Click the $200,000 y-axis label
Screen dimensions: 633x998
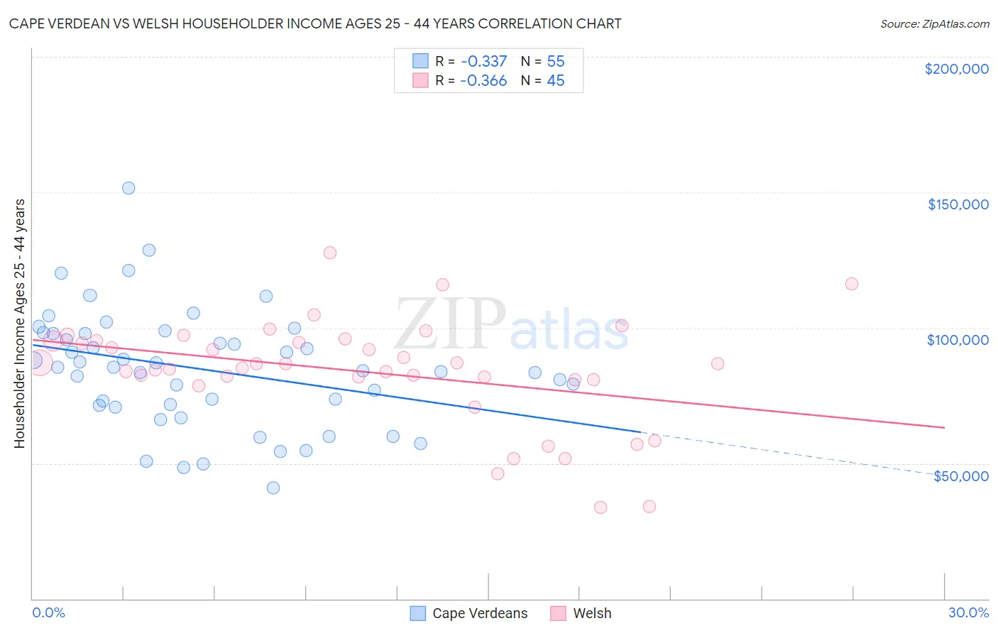click(x=956, y=69)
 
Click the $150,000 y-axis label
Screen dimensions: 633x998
click(x=958, y=204)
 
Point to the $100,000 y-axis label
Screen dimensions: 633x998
click(x=958, y=340)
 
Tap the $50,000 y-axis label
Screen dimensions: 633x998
click(x=960, y=476)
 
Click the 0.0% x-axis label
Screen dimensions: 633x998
click(x=48, y=612)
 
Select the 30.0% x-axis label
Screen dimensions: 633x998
click(x=968, y=612)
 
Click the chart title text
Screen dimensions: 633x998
click(x=315, y=24)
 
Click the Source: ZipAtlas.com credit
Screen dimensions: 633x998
click(x=934, y=24)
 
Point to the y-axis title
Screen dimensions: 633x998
click(x=20, y=324)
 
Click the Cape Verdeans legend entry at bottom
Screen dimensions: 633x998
click(x=479, y=613)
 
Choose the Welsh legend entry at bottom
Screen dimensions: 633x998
click(x=591, y=613)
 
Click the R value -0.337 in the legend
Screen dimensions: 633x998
click(x=483, y=61)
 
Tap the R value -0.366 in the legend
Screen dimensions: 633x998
click(x=483, y=80)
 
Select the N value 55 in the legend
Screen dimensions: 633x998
click(x=555, y=61)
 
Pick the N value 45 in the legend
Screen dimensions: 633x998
click(x=555, y=80)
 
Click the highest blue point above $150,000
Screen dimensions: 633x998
click(x=128, y=188)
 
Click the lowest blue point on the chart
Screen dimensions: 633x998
click(x=273, y=488)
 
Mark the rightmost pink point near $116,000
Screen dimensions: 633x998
click(x=852, y=284)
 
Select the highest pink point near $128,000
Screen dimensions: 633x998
click(x=330, y=253)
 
